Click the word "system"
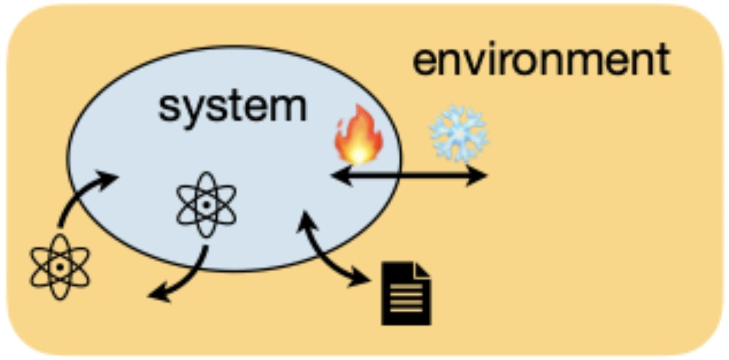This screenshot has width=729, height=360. tap(233, 106)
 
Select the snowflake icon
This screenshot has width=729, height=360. tap(459, 133)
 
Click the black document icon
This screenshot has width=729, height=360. tap(406, 293)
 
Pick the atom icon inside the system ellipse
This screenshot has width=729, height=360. tap(206, 204)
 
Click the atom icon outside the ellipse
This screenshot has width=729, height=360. tap(60, 267)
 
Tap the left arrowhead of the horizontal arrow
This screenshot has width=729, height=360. tap(341, 176)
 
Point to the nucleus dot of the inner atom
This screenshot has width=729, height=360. tap(206, 205)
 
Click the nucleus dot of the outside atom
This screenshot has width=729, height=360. tap(60, 267)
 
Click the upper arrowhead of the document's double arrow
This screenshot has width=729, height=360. tap(305, 220)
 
